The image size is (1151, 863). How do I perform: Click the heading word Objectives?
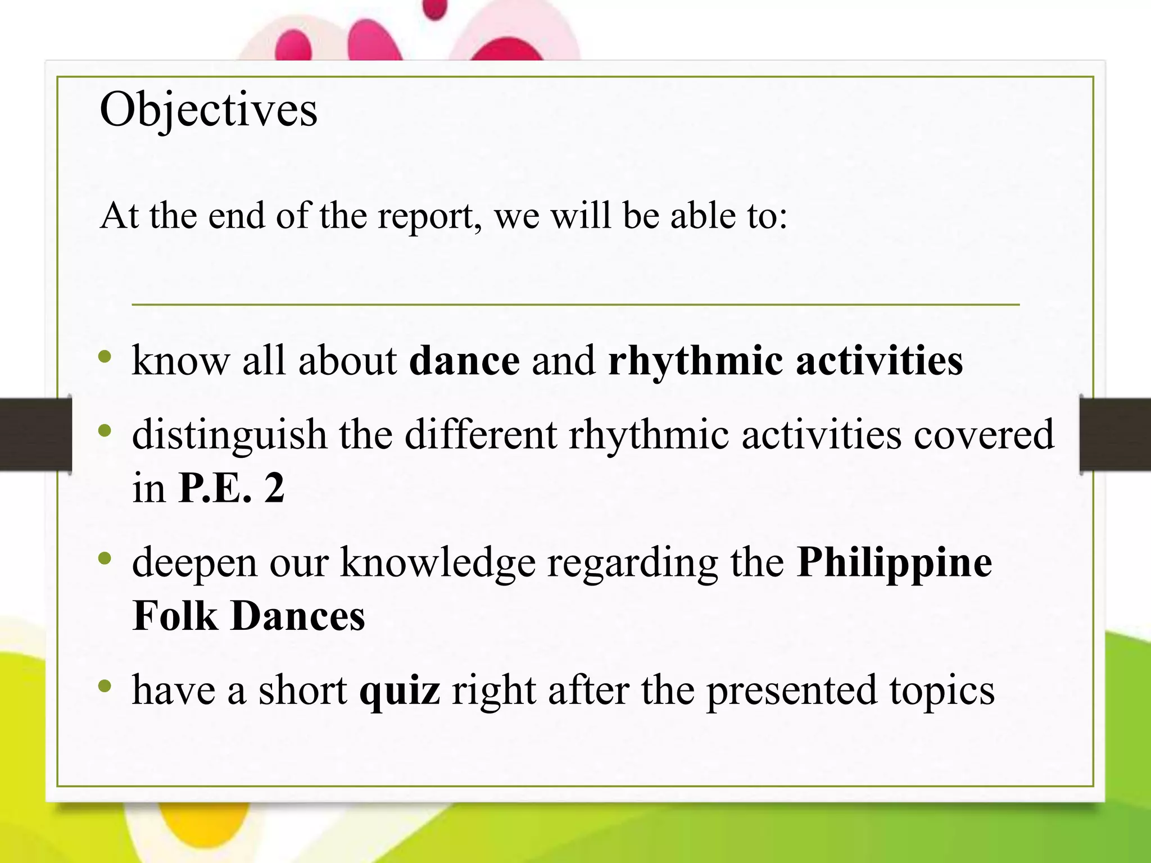(208, 110)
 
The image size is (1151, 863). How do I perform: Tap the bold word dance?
(464, 361)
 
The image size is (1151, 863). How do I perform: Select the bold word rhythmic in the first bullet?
(695, 361)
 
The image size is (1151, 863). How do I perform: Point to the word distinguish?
(229, 435)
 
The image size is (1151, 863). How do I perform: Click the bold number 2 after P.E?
(274, 488)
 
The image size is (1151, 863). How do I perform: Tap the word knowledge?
(438, 563)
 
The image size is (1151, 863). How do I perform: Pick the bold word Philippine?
(894, 563)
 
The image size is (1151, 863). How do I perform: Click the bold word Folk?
(175, 616)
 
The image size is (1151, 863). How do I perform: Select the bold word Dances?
(298, 616)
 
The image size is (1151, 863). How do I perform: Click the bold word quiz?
(400, 691)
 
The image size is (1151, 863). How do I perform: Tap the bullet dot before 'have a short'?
(105, 686)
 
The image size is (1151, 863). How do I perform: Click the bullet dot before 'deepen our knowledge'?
(105, 558)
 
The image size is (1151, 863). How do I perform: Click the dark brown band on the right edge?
(1116, 434)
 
